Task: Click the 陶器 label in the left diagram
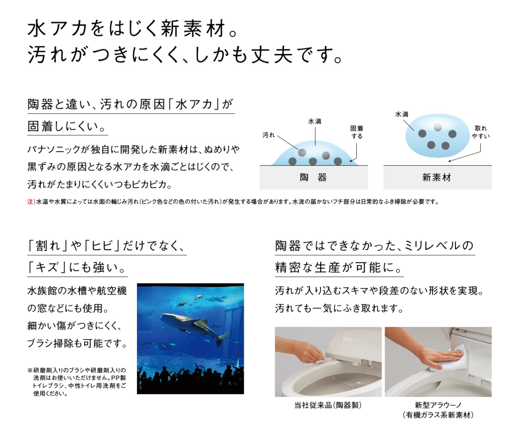click(313, 178)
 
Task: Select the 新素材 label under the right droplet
click(437, 178)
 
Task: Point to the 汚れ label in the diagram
click(269, 135)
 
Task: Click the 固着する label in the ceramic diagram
click(357, 132)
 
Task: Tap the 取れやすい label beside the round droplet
click(481, 132)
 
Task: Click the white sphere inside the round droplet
click(438, 127)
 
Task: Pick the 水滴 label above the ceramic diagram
click(315, 121)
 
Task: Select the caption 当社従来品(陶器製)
click(328, 405)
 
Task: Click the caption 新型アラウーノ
click(438, 405)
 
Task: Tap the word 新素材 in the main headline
click(193, 28)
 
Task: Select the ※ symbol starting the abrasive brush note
click(30, 371)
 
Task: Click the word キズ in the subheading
click(47, 267)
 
